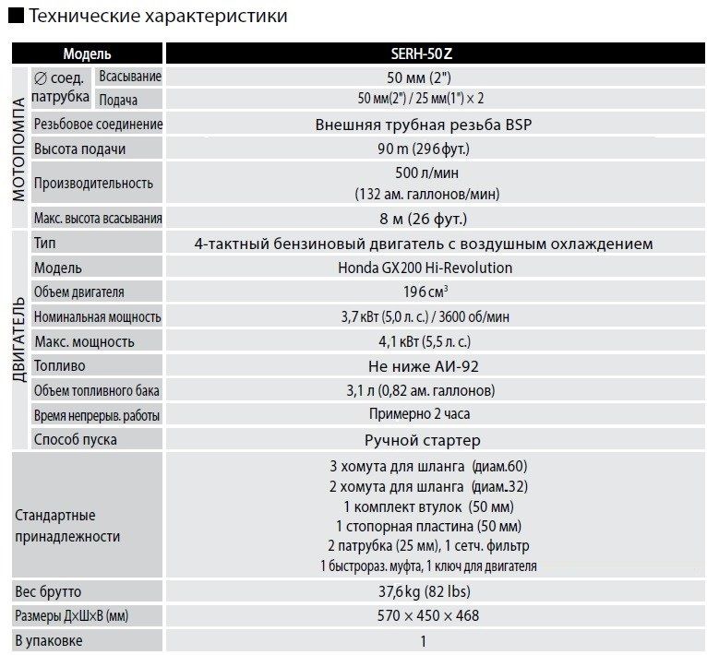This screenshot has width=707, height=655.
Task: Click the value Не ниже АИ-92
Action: [425, 365]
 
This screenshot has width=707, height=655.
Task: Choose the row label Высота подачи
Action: [79, 149]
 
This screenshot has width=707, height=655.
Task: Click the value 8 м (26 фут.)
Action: [425, 219]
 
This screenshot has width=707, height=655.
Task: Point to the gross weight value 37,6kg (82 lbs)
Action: [425, 591]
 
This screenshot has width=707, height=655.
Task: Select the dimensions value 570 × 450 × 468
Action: [424, 615]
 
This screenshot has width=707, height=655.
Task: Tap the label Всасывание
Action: [130, 77]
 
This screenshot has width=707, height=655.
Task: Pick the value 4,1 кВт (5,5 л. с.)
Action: [425, 341]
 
